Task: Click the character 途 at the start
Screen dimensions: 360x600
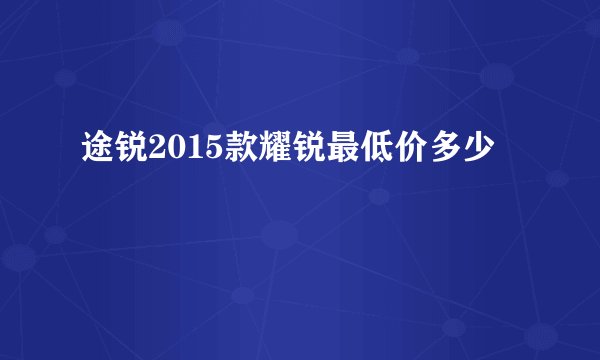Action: (97, 153)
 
